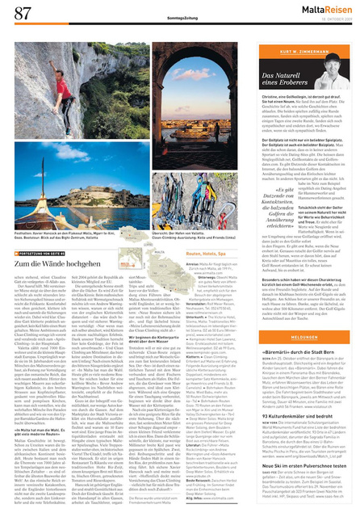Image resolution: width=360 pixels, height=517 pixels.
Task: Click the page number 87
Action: [x=23, y=14]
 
